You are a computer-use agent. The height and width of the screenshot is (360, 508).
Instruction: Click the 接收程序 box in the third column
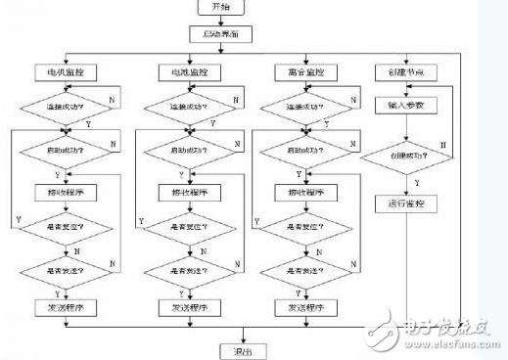[x=307, y=192]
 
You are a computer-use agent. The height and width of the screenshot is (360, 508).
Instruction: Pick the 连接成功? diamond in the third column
[x=307, y=105]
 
